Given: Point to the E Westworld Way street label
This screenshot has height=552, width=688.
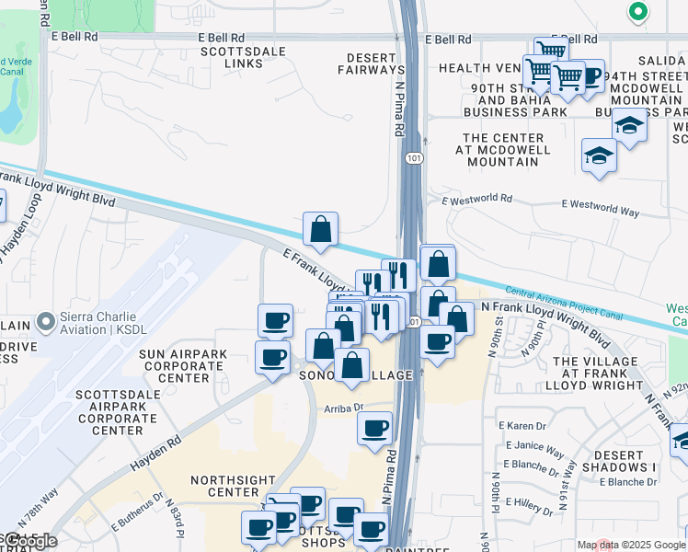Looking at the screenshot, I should coord(600,211).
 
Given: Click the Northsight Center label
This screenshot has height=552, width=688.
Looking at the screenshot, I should coord(228,486).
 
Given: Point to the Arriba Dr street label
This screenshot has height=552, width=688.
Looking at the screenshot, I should coord(344,407).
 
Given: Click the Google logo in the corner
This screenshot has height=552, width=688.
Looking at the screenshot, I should coord(29,541).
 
